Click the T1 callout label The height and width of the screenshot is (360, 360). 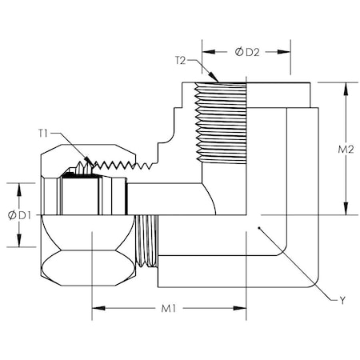pos(43,133)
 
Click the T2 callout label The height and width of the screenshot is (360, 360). pos(181,60)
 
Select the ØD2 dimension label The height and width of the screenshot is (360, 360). pos(247,52)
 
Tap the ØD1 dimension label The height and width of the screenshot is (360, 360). pos(19,215)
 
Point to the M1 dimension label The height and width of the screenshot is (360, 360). pos(169,309)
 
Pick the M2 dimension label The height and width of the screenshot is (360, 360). pos(346,150)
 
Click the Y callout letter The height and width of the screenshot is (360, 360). pos(342,301)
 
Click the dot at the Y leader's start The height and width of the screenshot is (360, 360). pos(259,228)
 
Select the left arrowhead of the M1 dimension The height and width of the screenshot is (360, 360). pos(98,308)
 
